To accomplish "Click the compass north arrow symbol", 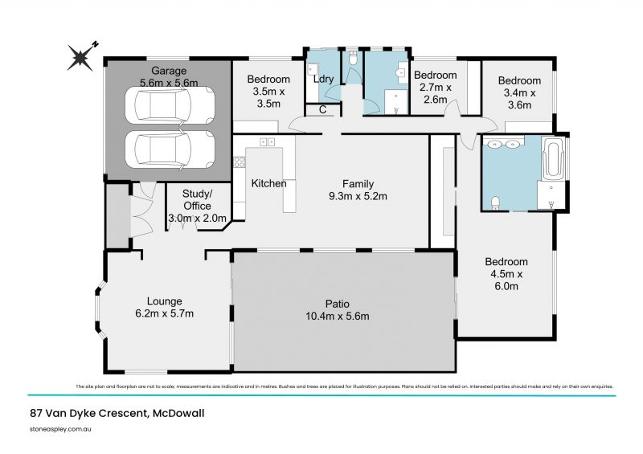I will tap(80, 55).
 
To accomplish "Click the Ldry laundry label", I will tap(323, 80).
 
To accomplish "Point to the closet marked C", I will tap(321, 110).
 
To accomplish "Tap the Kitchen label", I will tap(268, 183).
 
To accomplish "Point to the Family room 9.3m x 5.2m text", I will tap(357, 190).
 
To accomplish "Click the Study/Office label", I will tap(197, 206).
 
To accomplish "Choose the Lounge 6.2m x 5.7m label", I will tap(165, 307).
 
